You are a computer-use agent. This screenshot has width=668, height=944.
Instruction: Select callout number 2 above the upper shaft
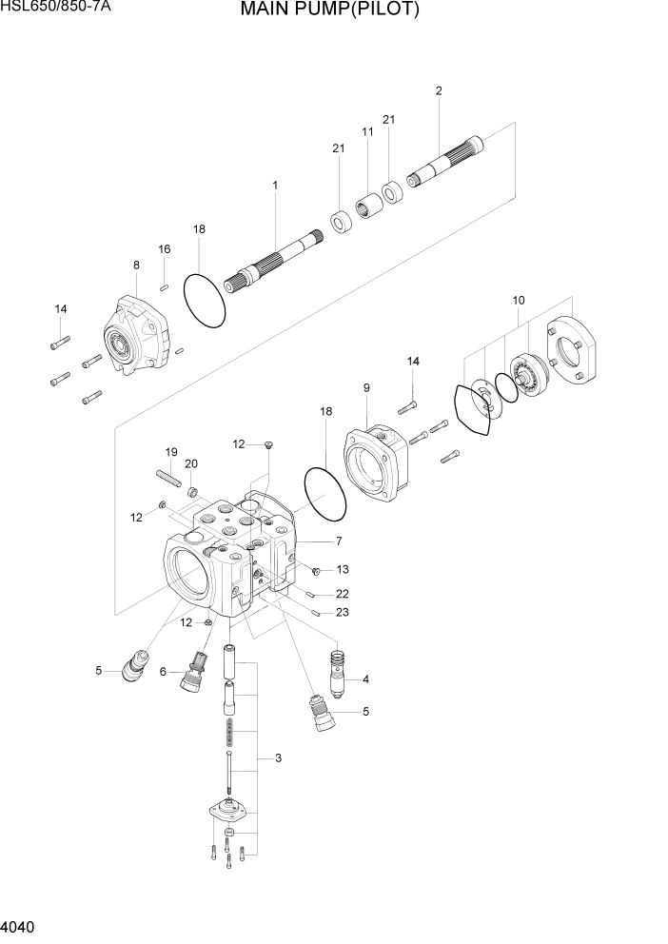(x=438, y=91)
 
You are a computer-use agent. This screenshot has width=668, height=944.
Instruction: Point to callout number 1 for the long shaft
(x=275, y=185)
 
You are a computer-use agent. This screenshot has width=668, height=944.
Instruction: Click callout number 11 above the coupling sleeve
(x=367, y=131)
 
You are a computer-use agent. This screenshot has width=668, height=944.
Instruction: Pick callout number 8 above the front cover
(x=136, y=265)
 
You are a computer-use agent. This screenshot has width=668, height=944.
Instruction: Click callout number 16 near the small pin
(x=164, y=249)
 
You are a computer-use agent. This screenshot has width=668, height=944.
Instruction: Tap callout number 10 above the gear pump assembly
(x=519, y=300)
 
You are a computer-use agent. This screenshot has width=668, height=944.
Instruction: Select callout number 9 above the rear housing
(x=366, y=387)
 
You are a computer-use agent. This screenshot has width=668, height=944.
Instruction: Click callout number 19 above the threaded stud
(x=171, y=451)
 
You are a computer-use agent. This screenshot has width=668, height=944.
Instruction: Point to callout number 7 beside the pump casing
(x=337, y=541)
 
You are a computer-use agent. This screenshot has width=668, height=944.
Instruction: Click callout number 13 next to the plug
(x=342, y=570)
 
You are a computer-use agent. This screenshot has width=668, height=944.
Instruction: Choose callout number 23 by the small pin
(x=342, y=613)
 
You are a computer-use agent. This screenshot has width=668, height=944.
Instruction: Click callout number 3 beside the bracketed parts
(x=278, y=758)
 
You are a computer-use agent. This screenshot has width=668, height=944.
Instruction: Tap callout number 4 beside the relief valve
(x=365, y=679)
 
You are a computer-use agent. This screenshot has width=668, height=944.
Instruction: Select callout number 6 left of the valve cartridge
(x=163, y=672)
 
